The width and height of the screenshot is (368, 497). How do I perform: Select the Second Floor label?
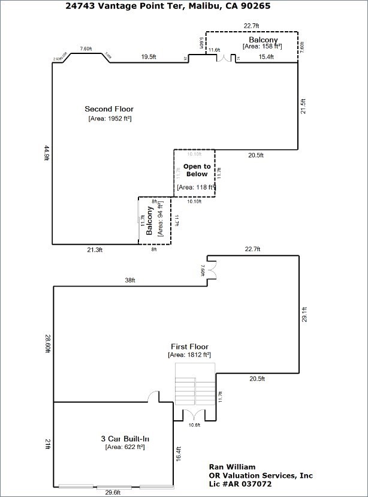(109, 109)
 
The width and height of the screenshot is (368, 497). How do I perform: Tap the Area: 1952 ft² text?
(110, 119)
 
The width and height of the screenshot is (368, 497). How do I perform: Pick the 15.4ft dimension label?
(266, 57)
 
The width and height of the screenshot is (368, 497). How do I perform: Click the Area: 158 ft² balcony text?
(263, 46)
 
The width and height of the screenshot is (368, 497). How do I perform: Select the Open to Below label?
(197, 170)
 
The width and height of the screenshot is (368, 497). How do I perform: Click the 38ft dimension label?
(130, 280)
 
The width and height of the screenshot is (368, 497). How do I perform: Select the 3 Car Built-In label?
(125, 438)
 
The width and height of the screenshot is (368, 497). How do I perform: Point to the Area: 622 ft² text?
(125, 447)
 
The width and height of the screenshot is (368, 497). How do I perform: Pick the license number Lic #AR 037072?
(240, 483)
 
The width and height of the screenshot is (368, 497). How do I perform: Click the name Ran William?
(232, 466)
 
